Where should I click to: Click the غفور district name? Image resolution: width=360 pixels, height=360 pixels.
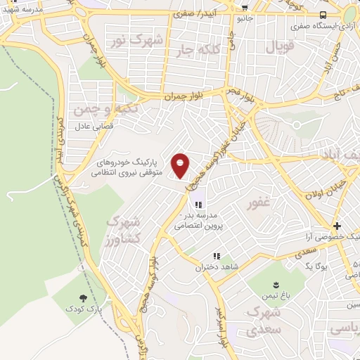pos(258,205)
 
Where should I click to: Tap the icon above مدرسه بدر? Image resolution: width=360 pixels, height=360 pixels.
pos(188,205)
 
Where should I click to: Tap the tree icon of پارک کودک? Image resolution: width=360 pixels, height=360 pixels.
pos(84,298)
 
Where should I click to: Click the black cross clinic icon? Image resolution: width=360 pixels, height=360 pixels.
pos(337,226)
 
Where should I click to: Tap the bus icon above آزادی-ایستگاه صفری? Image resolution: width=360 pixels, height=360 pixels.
pos(323,15)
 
